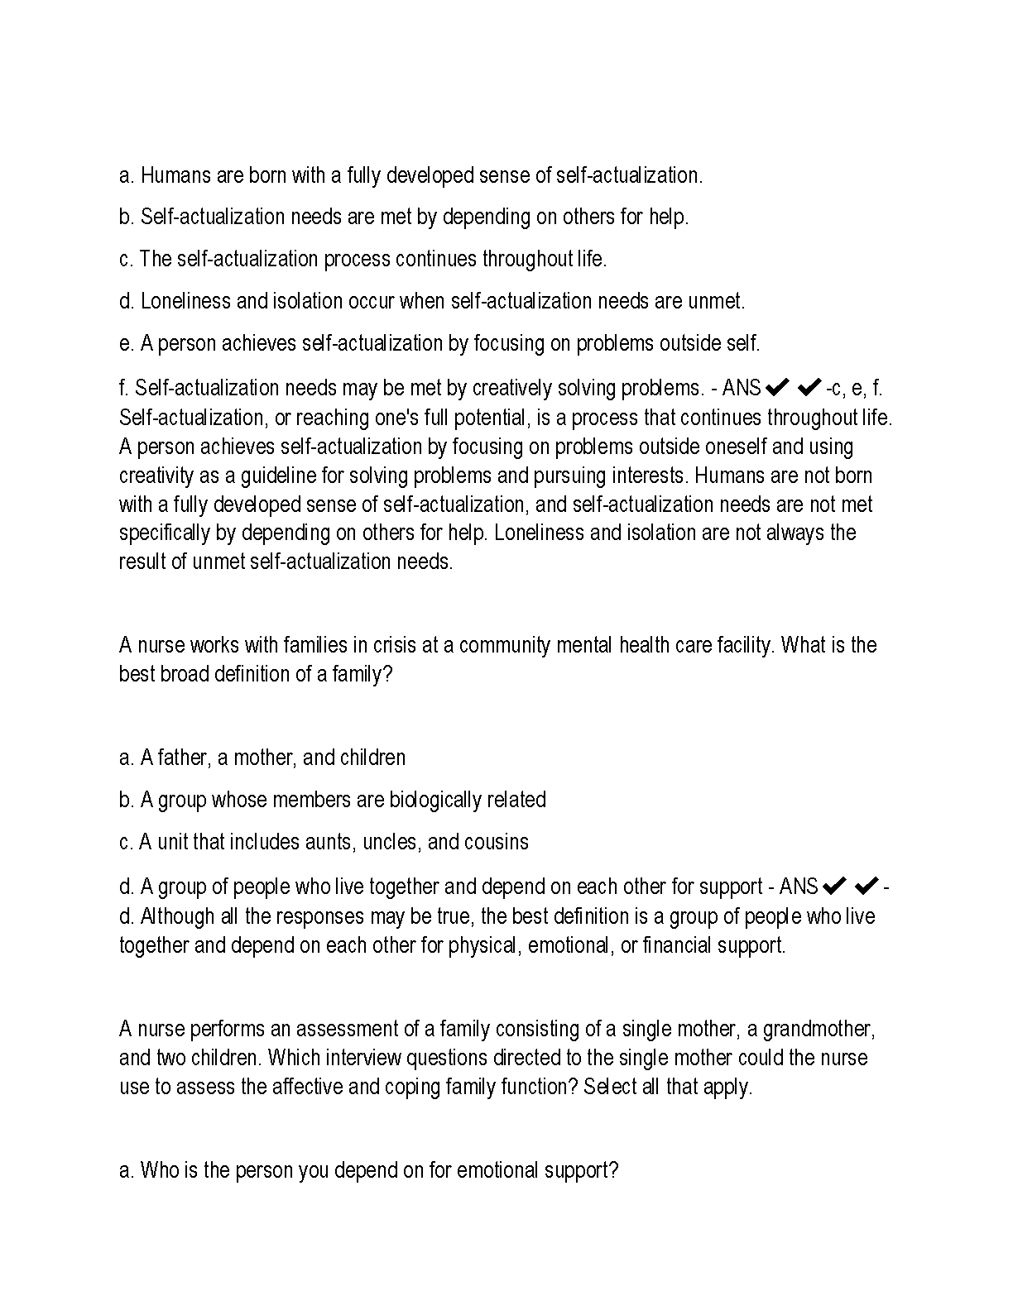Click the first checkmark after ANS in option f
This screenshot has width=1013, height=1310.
(777, 387)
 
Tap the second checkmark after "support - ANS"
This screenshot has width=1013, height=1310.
(866, 887)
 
